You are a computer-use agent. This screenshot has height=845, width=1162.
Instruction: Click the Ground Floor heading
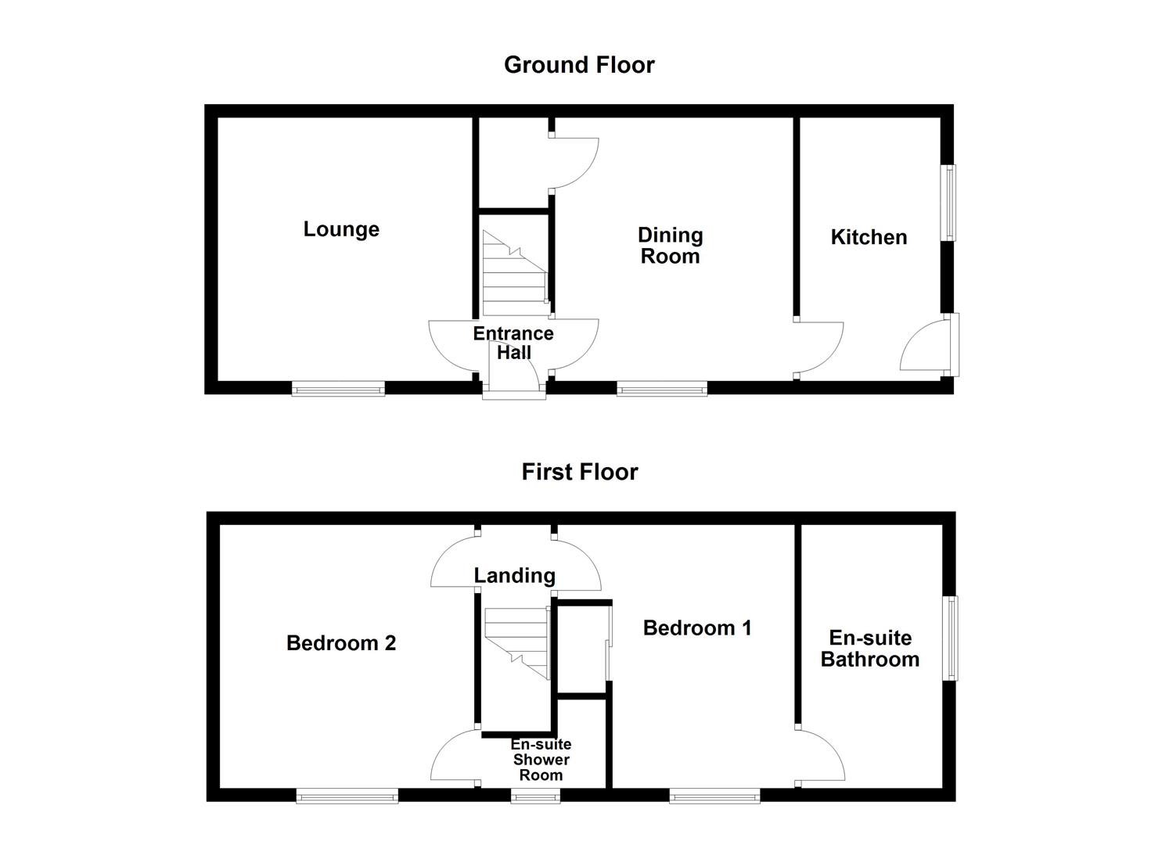579,65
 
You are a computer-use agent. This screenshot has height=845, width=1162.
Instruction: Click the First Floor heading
580,472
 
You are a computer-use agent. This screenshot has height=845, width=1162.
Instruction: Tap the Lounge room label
341,229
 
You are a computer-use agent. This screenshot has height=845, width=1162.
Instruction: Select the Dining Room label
671,246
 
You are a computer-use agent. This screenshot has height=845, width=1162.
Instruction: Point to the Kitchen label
869,237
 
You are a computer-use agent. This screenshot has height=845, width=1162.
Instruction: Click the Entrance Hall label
513,343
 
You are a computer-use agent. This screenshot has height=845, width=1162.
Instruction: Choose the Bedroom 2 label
341,643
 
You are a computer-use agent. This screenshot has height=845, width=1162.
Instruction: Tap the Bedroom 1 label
697,627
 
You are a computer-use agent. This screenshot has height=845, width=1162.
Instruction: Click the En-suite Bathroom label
869,649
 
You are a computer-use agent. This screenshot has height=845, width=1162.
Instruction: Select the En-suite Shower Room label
541,760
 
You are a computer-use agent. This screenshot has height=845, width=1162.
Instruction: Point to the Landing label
514,576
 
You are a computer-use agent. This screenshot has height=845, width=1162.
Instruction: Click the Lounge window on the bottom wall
338,388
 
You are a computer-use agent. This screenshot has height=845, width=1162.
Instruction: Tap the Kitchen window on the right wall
948,203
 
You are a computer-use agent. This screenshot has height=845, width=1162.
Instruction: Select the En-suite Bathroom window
950,638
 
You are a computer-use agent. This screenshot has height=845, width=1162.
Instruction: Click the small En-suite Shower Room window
535,796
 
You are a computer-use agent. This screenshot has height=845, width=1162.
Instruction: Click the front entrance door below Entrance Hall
513,388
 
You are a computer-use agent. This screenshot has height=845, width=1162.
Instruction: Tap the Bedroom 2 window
347,796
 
